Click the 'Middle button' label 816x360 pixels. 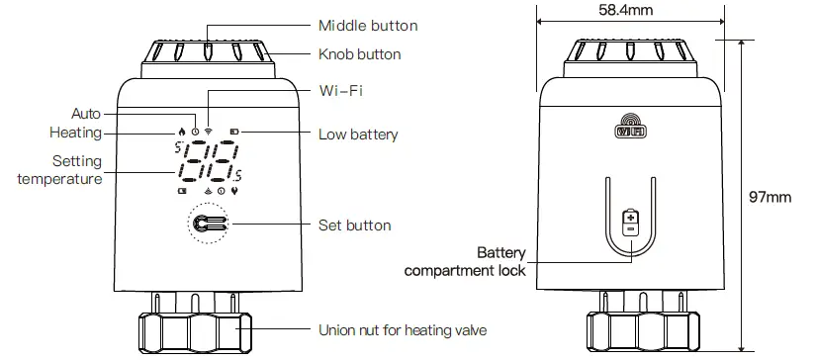coord(367,25)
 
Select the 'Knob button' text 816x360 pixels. coord(359,54)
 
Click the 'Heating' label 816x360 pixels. coord(74,133)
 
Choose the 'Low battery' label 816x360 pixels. coord(357,134)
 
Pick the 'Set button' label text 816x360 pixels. coord(354,225)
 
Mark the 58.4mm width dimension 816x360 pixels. coord(626,11)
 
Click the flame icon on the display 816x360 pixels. coord(181,131)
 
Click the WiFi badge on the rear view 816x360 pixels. coord(630,129)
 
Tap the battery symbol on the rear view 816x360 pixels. coord(630,223)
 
